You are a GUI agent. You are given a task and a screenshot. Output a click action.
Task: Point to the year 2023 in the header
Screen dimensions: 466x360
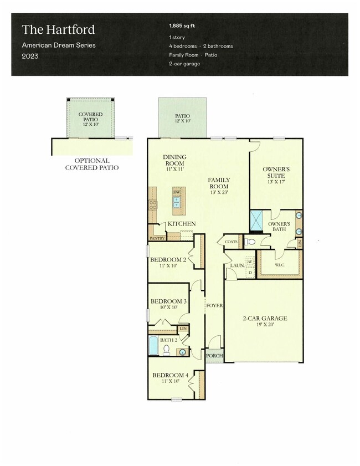pos(30,56)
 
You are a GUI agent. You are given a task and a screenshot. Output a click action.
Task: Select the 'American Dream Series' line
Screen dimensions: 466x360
pos(58,45)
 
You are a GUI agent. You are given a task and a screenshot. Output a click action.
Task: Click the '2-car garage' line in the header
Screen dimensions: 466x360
pos(184,64)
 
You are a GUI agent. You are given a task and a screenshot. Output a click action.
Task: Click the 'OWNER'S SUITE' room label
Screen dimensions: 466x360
pos(275,171)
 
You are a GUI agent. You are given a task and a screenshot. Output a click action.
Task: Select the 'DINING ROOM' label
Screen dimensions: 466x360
pos(174,161)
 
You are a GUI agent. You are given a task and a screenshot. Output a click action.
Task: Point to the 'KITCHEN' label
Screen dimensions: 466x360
pos(182,223)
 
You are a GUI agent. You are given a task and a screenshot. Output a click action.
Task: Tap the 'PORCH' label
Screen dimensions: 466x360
pos(214,356)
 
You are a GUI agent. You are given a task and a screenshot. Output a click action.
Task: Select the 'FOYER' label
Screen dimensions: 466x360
pos(214,305)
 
